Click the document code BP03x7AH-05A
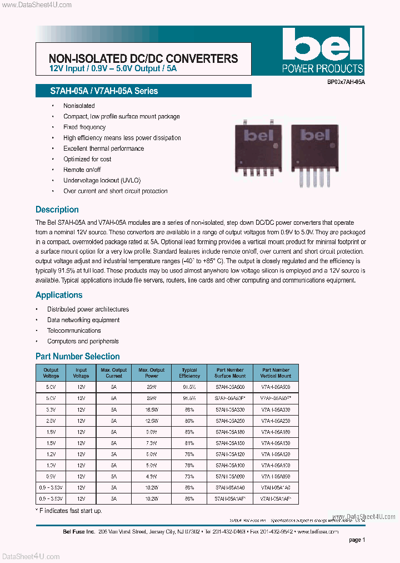[x=342, y=82]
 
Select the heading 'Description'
[x=57, y=210]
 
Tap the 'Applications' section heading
[x=59, y=295]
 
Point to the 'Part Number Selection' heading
[x=78, y=356]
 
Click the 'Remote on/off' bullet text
[x=82, y=170]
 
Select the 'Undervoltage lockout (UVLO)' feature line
[x=102, y=180]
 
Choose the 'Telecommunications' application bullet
[x=74, y=330]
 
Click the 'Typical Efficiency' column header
[x=189, y=373]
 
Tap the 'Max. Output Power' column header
[x=152, y=373]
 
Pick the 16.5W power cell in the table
[x=152, y=409]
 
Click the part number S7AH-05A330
[x=230, y=409]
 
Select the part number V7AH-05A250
[x=276, y=421]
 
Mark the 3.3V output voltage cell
[x=51, y=409]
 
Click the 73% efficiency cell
[x=189, y=477]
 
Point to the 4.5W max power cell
[x=152, y=477]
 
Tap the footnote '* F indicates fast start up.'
[x=69, y=511]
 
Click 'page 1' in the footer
[x=357, y=540]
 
